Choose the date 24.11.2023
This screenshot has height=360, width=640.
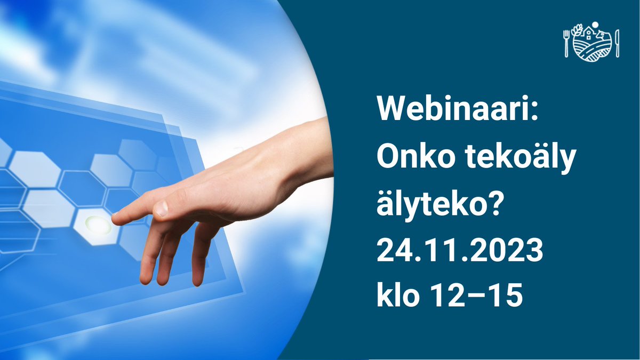pos(460,250)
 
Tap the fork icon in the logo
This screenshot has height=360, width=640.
pos(567,43)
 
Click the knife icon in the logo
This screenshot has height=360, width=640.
pos(617,43)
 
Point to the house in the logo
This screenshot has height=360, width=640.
pos(589,34)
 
